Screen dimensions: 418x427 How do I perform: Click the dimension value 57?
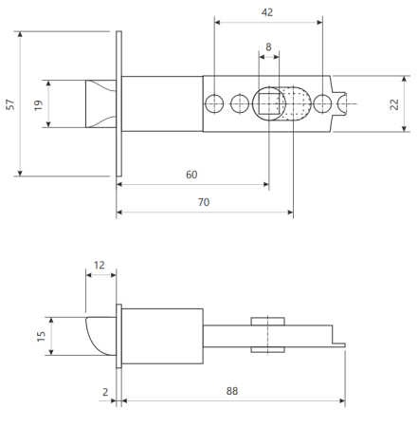click(10, 104)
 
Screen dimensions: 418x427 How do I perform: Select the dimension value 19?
click(38, 105)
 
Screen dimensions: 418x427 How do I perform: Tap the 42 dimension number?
click(267, 12)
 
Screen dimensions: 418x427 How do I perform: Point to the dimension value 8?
click(268, 46)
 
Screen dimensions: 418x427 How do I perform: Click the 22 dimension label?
click(394, 104)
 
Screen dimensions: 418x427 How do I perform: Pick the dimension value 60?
click(191, 175)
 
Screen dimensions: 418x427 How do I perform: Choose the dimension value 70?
click(204, 202)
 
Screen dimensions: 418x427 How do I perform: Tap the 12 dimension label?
click(99, 265)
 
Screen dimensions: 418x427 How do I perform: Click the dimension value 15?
click(41, 336)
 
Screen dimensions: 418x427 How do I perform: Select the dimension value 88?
click(232, 391)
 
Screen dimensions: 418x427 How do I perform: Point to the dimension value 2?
click(105, 392)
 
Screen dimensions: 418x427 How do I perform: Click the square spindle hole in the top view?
click(269, 103)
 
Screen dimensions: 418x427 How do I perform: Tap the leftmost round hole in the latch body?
click(214, 103)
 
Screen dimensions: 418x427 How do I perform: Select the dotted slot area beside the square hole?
click(296, 103)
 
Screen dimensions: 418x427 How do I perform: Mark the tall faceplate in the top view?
click(118, 103)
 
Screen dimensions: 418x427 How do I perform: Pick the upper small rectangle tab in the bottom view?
click(268, 321)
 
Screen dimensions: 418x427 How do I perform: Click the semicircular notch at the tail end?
click(342, 103)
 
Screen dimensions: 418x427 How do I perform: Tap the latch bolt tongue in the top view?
click(100, 103)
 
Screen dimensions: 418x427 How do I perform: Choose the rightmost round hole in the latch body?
click(322, 103)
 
